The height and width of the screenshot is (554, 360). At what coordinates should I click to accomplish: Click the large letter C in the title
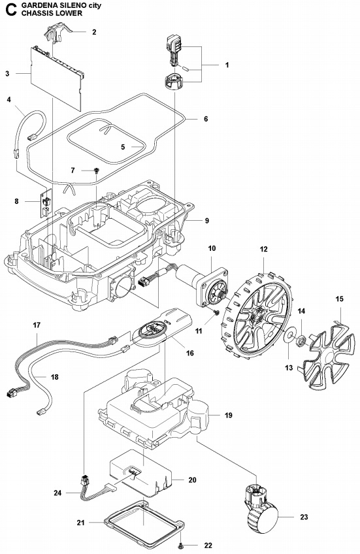pos(8,8)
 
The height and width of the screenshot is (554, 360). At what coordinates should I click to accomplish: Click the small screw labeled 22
pos(180,544)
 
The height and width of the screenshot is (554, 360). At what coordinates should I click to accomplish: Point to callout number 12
pos(264,250)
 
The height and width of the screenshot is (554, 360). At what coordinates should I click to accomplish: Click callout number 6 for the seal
pos(205,120)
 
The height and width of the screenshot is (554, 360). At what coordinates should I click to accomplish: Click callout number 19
pos(229,415)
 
